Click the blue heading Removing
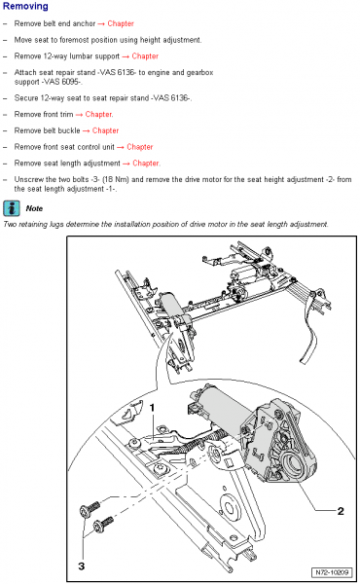[25, 7]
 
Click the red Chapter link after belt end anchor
[121, 23]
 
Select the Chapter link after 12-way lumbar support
[145, 56]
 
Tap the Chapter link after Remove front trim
[98, 114]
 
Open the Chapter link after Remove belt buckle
[105, 130]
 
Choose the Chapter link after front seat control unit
[140, 147]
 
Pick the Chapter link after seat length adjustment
[146, 164]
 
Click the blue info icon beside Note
[12, 208]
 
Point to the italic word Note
[34, 208]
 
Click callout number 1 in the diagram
[152, 408]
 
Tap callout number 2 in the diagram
[341, 511]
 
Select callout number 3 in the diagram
[81, 566]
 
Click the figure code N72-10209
[332, 572]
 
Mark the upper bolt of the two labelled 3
[90, 509]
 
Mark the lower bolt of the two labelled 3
[103, 524]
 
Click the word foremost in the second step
[73, 40]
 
